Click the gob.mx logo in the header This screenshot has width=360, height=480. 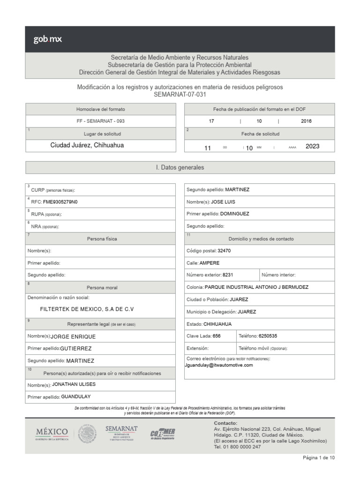pos(47,39)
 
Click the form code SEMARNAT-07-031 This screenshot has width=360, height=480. pos(180,94)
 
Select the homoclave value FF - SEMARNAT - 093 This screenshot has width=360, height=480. pos(100,121)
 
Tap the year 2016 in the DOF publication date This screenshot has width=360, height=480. pos(307,121)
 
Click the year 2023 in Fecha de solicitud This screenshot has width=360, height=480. pos(312,146)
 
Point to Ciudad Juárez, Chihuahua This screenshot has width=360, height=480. pos(87,145)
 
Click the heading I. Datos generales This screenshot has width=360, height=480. pos(180,167)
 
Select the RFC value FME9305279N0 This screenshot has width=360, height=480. pos(60,202)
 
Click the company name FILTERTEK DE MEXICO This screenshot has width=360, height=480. pos(87,309)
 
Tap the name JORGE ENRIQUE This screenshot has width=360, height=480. pos(73,337)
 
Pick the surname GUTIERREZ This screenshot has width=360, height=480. pos(76,349)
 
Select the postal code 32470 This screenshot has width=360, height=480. pos(224,251)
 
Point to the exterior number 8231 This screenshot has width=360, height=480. pos(228,275)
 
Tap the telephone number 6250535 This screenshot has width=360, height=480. pos(268,336)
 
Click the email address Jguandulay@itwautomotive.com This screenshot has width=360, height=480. pos(219,365)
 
